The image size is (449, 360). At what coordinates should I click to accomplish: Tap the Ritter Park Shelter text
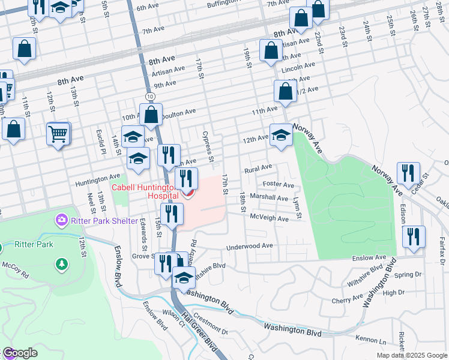pyautogui.click(x=103, y=221)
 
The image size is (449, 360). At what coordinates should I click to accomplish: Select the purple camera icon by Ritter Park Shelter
pyautogui.click(x=61, y=221)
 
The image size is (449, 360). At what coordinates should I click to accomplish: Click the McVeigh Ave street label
pyautogui.click(x=269, y=218)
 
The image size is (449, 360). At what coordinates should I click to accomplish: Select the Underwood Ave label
pyautogui.click(x=249, y=246)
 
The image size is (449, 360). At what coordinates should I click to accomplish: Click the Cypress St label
pyautogui.click(x=209, y=146)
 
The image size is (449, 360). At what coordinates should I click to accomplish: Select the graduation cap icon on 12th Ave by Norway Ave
pyautogui.click(x=280, y=135)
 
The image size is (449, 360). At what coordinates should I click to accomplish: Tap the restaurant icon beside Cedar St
pyautogui.click(x=408, y=173)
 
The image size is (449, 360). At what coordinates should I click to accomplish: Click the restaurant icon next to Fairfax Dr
pyautogui.click(x=414, y=236)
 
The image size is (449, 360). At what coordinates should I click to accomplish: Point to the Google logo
pyautogui.click(x=20, y=353)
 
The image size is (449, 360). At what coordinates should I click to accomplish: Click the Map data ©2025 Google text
pyautogui.click(x=412, y=355)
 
